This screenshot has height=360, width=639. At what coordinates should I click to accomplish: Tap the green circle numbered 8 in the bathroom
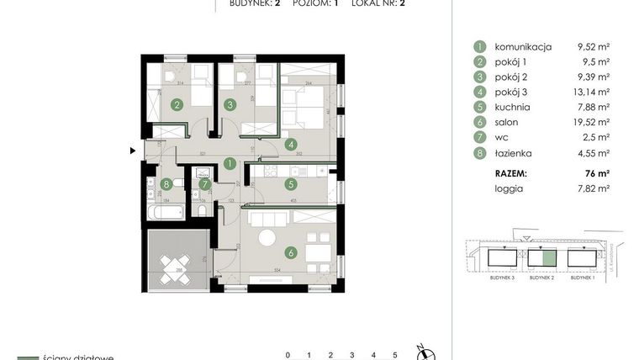[x=167, y=184]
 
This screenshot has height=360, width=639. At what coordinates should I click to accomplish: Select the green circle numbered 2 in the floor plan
[x=177, y=105]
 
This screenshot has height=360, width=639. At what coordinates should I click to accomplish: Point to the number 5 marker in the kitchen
[x=290, y=184]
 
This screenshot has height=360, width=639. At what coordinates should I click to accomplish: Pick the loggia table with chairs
[x=174, y=269]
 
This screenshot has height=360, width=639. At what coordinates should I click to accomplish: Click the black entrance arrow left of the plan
[x=132, y=151]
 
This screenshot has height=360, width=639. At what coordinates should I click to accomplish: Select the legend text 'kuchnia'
[x=512, y=108]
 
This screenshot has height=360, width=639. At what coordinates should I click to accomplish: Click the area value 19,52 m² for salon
[x=592, y=123]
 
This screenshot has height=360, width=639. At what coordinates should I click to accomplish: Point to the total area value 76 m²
[x=599, y=172]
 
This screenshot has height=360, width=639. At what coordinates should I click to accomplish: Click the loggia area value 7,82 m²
[x=594, y=188]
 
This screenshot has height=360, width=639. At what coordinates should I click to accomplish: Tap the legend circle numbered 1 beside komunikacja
[x=479, y=47]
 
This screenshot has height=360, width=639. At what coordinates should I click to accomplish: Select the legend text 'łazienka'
[x=514, y=154]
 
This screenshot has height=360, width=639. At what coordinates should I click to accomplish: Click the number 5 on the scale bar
[x=394, y=355]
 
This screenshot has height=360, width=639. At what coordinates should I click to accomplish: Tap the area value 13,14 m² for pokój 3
[x=592, y=93]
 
